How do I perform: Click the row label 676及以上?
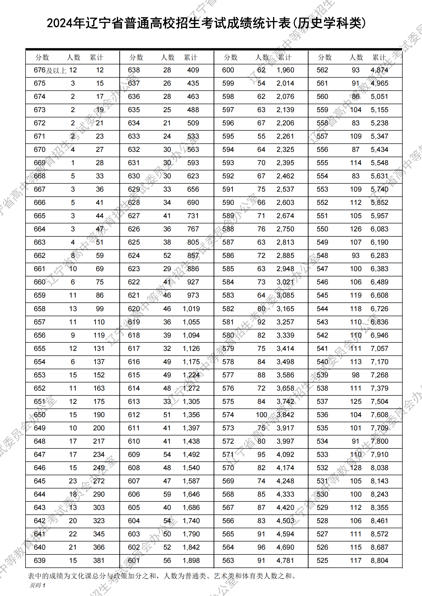pos(50,70)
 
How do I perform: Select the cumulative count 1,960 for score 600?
pos(285,70)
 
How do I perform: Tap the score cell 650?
pos(40,415)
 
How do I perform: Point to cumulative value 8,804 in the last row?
pos(379,560)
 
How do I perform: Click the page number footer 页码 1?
pos(38,585)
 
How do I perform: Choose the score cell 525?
pos(322,560)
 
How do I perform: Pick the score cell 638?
pos(134,70)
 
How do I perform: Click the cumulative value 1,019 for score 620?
pos(191,309)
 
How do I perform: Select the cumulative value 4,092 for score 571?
pos(285,454)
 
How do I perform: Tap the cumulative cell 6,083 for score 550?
pos(379,229)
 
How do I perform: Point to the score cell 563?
pos(228,560)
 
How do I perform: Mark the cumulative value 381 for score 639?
pos(99,560)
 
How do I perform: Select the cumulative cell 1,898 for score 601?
pos(191,560)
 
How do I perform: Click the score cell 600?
pos(228,70)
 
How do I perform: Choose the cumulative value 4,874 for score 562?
pos(379,70)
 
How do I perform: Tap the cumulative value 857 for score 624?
pos(193,255)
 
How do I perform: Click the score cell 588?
pos(228,229)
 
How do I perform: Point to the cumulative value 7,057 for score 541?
pos(379,348)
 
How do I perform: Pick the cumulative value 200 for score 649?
pos(99,428)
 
